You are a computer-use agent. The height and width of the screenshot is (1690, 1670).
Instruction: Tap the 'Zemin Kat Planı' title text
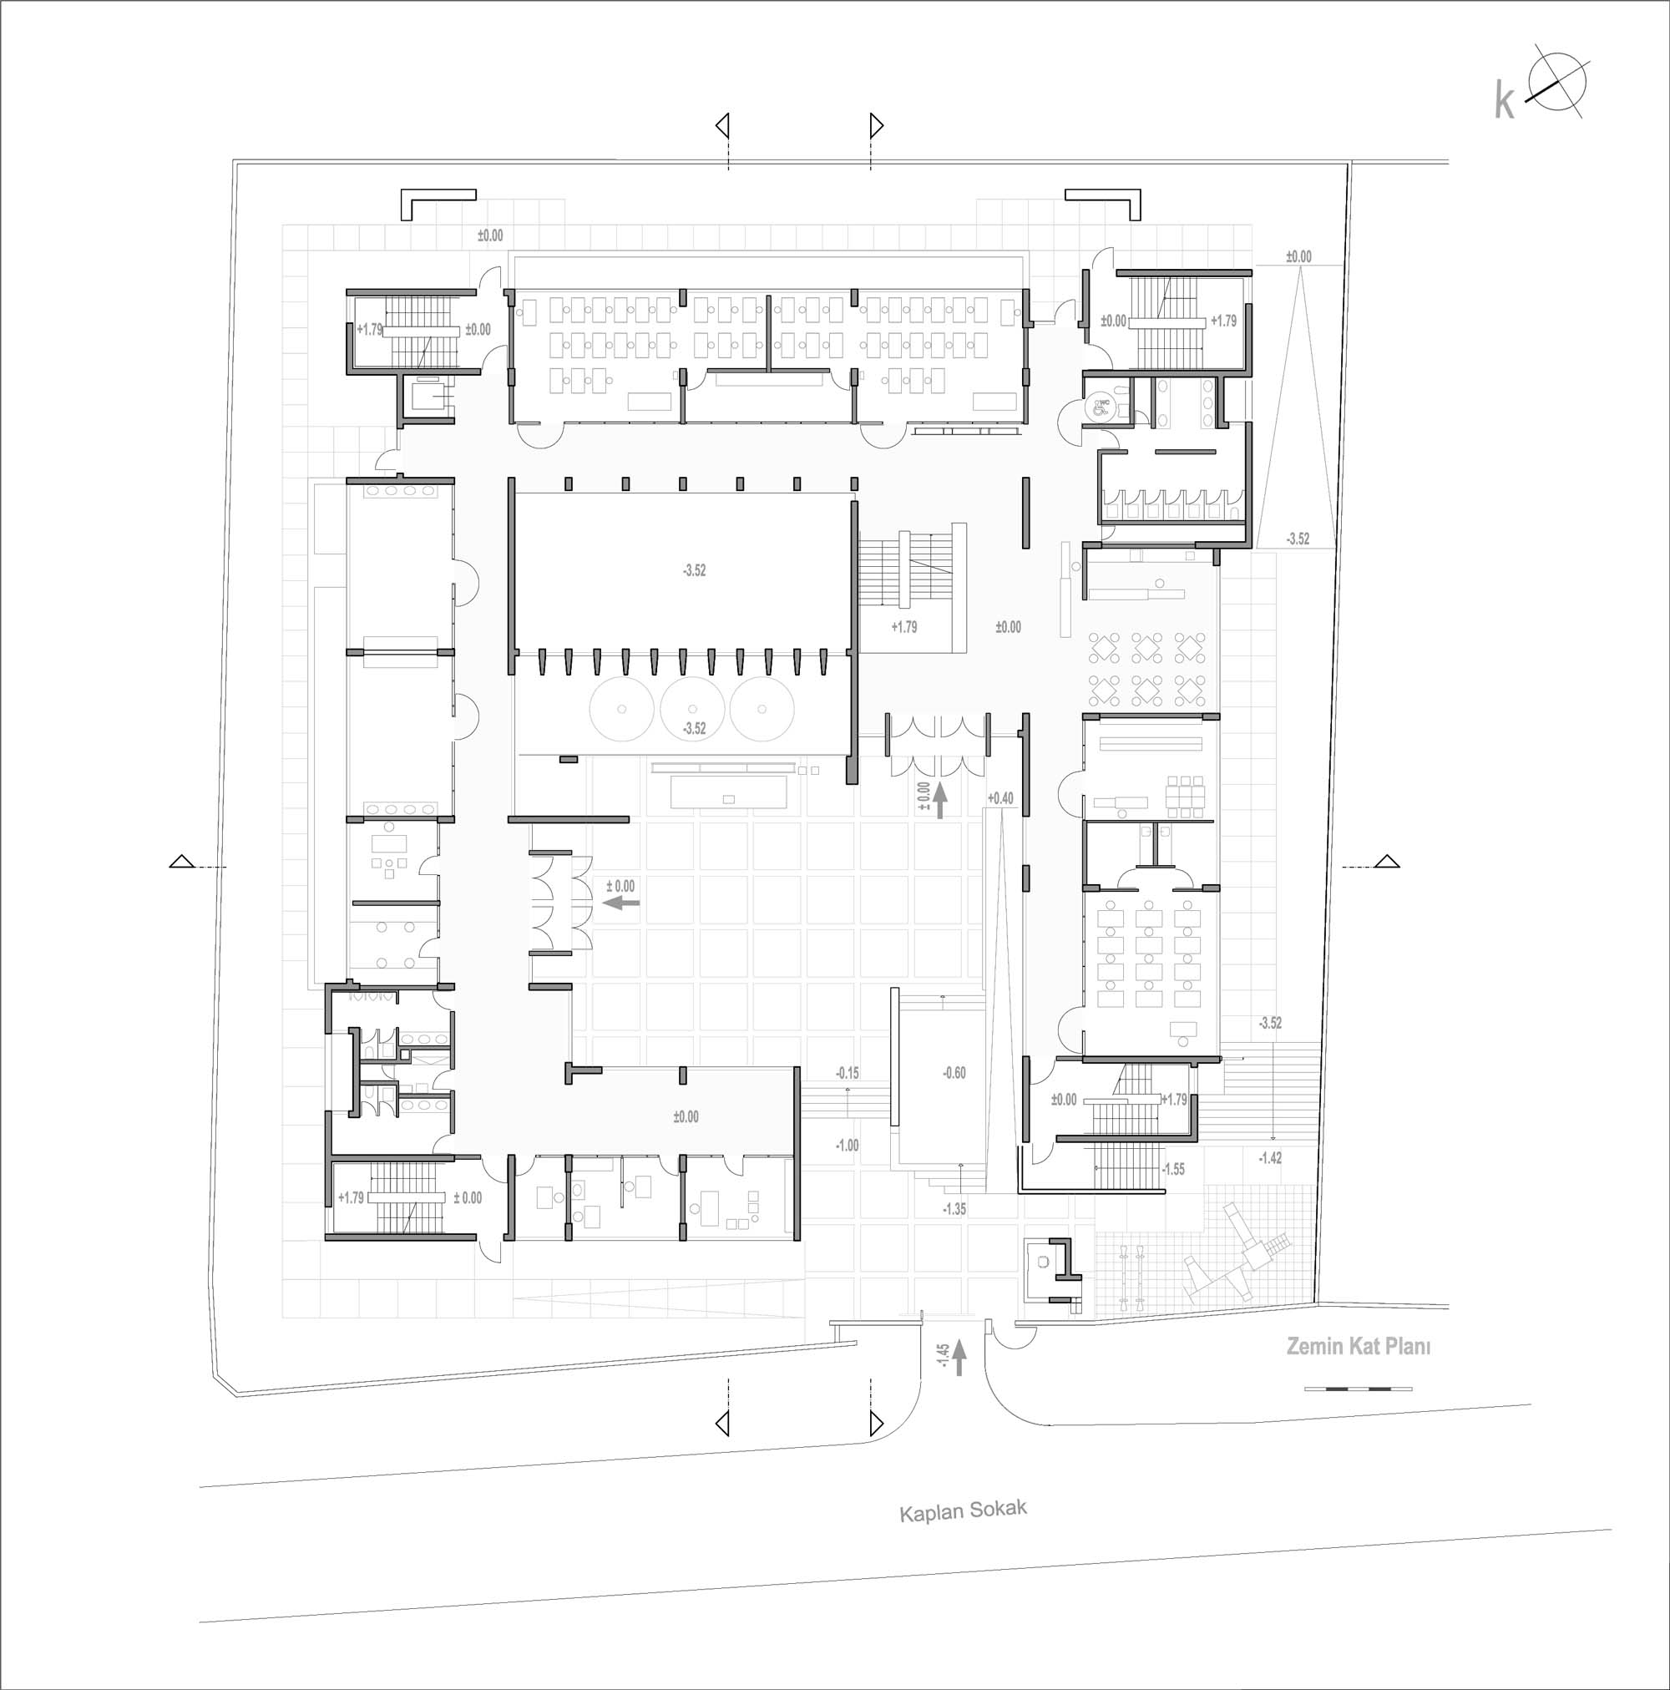[1358, 1346]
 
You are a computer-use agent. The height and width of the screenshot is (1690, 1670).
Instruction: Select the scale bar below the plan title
[1358, 1389]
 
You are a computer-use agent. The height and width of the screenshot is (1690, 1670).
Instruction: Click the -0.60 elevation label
[954, 1072]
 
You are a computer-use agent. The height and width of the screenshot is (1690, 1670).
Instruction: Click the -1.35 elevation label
[954, 1209]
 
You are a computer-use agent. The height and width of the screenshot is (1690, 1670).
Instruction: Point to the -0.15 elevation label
[847, 1072]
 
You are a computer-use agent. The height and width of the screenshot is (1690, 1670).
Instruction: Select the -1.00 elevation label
[847, 1145]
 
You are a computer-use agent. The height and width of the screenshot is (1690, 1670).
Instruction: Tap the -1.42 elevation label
[1269, 1158]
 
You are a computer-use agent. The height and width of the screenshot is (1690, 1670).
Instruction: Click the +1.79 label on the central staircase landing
[903, 626]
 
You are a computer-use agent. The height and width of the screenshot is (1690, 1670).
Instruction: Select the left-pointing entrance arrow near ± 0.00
[622, 903]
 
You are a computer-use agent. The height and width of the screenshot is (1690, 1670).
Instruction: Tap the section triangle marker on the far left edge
[181, 861]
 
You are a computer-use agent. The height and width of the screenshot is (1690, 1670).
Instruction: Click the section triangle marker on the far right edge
[1386, 861]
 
